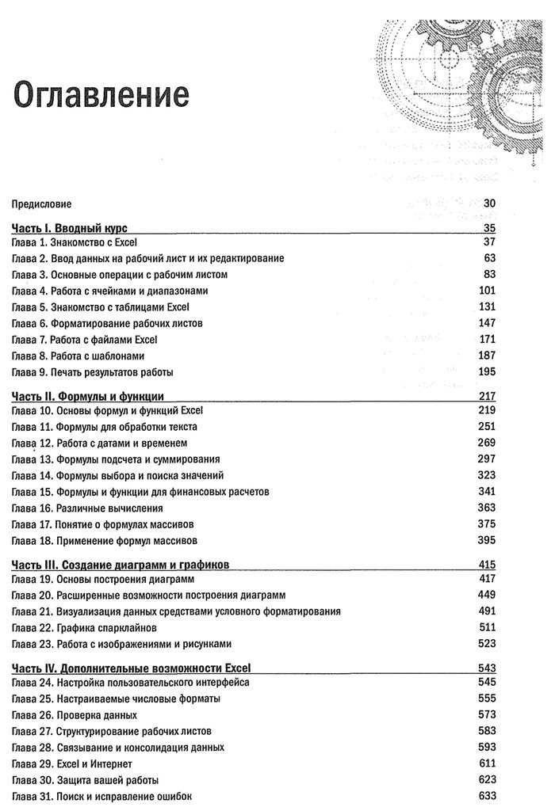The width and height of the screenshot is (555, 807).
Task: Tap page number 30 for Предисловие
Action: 488,203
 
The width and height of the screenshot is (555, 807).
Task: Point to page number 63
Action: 488,258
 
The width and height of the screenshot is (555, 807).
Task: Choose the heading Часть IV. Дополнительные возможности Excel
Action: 132,668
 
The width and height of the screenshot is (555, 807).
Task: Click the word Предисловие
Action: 41,204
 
